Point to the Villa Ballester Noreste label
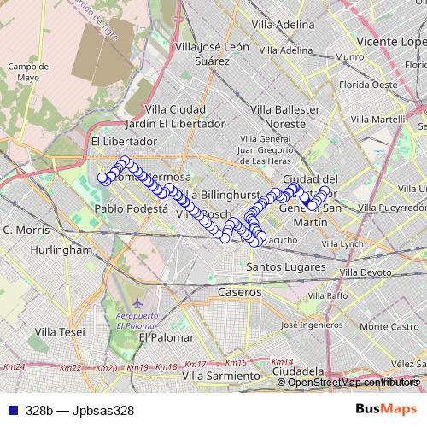[278, 116]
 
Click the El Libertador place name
[124, 141]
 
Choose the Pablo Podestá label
[131, 208]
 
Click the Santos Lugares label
[282, 267]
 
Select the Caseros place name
[239, 292]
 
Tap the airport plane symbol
[139, 304]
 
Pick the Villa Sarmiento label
[221, 375]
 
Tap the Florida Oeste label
[368, 85]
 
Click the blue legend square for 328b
[9, 410]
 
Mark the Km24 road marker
[14, 367]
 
